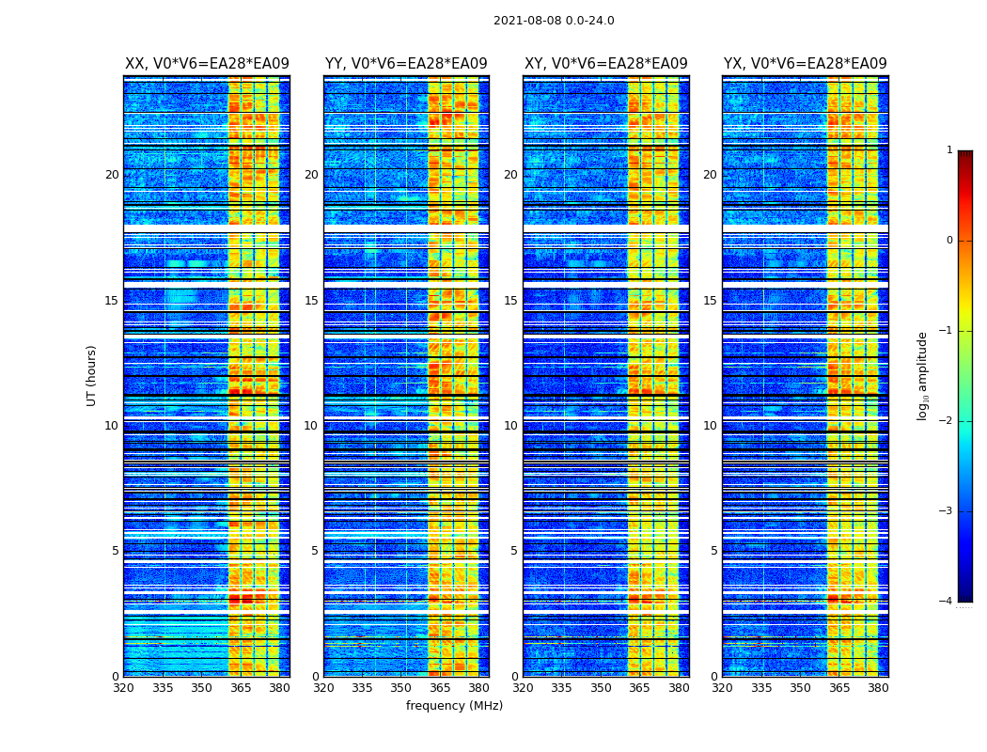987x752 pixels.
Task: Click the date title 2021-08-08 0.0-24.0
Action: click(554, 21)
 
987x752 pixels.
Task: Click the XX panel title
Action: click(207, 64)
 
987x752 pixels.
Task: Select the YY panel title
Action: click(406, 64)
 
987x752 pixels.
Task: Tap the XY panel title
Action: click(605, 64)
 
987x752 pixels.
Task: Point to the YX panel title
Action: click(805, 64)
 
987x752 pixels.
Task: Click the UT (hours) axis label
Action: click(92, 375)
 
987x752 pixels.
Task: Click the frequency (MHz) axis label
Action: click(454, 706)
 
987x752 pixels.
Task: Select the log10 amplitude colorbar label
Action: click(923, 375)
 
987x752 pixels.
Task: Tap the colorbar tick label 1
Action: click(949, 150)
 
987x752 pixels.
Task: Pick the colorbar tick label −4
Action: click(947, 602)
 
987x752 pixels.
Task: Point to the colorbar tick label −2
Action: click(947, 421)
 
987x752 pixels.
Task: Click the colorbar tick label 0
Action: click(949, 241)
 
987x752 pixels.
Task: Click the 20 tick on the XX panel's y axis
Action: click(112, 175)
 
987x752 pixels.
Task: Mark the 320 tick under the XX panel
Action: click(123, 688)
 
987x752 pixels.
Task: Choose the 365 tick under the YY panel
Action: click(440, 688)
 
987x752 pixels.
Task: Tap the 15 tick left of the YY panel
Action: click(311, 301)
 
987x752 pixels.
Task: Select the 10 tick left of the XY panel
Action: click(510, 426)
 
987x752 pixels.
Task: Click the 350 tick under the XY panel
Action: click(601, 688)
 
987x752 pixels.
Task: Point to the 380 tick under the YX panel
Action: click(878, 688)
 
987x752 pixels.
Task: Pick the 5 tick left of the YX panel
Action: click(713, 551)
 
